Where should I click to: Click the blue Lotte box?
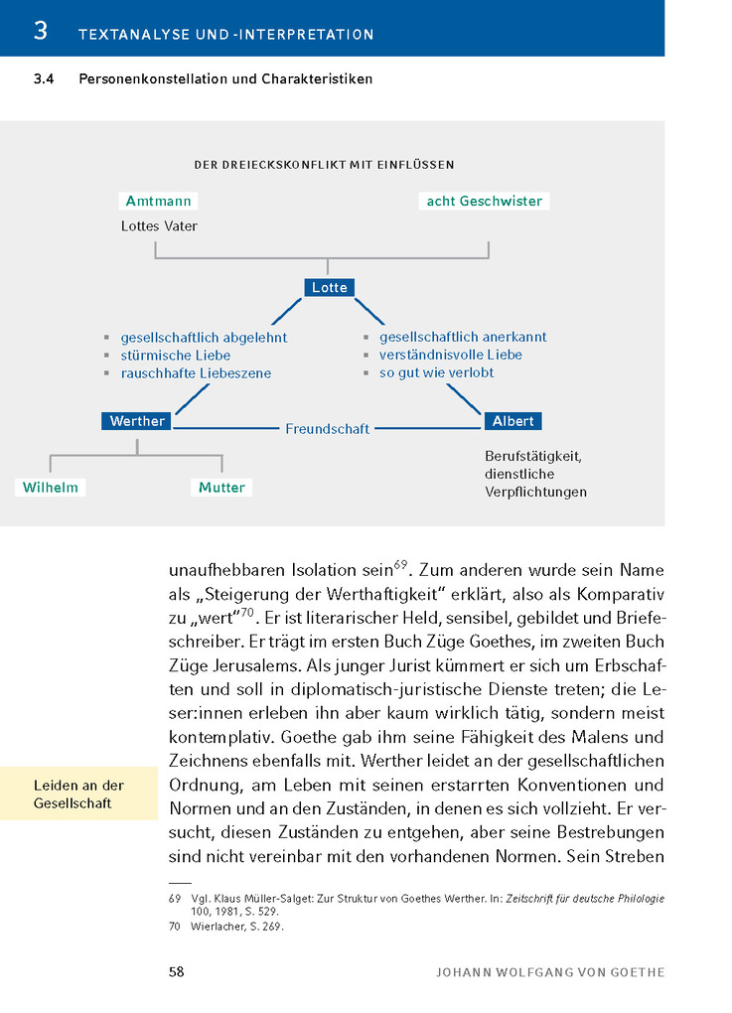click(x=330, y=287)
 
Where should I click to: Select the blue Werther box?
click(x=137, y=421)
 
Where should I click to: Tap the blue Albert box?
click(x=512, y=421)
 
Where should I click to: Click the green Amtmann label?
click(x=158, y=201)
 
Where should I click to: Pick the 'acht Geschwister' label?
click(x=484, y=201)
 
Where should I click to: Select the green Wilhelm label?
click(x=51, y=488)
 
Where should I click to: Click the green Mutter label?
click(x=221, y=488)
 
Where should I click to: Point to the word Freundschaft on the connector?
click(x=327, y=429)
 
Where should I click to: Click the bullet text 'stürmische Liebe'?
click(x=176, y=356)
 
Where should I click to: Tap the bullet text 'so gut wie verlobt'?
click(x=436, y=372)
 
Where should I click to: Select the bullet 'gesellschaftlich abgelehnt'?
click(x=204, y=338)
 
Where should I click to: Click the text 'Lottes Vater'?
click(x=159, y=226)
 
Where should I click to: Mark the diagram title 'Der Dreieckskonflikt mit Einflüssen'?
click(x=324, y=165)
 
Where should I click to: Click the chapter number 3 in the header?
click(x=40, y=31)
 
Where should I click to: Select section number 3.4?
click(x=45, y=79)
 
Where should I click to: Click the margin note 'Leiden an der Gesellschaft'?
click(x=78, y=795)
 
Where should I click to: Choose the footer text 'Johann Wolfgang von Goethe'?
click(x=550, y=972)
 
